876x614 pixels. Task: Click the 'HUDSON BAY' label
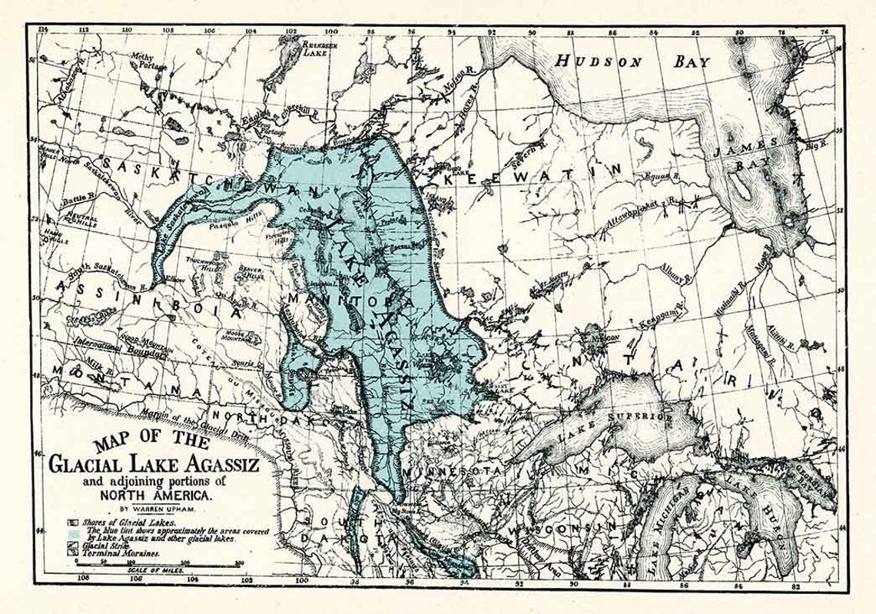(x=624, y=62)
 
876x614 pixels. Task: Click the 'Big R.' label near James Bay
(x=814, y=142)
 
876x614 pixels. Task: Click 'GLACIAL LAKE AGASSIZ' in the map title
(x=154, y=465)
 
